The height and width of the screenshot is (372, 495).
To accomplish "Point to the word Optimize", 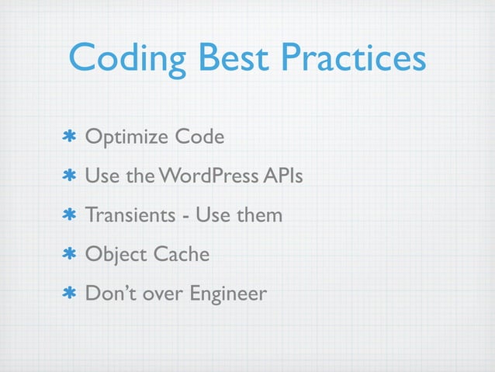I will [126, 138].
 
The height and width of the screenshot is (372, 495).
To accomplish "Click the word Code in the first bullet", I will [199, 137].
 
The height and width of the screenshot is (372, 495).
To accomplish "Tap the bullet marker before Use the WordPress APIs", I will [69, 177].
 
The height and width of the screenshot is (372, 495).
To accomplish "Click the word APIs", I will [283, 176].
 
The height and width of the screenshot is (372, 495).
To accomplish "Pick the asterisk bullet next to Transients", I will [69, 215].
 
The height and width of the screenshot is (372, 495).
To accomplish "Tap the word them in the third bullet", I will [258, 214].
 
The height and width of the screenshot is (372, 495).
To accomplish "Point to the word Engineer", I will [227, 294].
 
